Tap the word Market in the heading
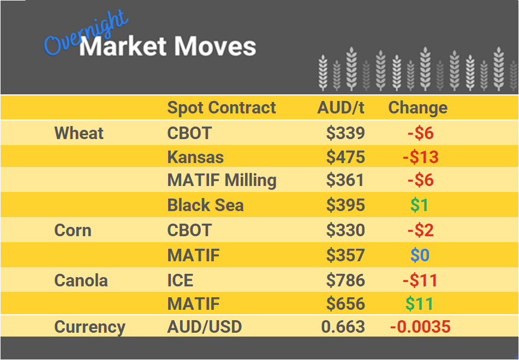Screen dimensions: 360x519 coord(121,47)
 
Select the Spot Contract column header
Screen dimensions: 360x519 coord(222,108)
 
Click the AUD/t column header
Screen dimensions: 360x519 coord(341,108)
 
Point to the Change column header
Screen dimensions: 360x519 coord(417,108)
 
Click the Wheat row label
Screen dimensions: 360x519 coord(79,133)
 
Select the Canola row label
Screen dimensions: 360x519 coord(81,281)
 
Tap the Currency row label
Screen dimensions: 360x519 coord(90,327)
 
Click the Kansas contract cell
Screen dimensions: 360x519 coord(195,158)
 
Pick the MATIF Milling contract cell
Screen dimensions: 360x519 coord(222,181)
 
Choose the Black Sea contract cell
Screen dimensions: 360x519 coord(205,206)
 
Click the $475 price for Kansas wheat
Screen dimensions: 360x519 coord(345,158)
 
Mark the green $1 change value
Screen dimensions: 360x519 coord(419,206)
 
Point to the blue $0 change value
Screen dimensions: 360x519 coord(420,255)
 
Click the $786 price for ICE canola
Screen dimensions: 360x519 coord(345,281)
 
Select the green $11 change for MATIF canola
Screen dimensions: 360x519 coord(419,304)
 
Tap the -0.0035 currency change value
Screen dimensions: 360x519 coord(420,327)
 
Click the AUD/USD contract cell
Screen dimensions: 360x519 coord(204,327)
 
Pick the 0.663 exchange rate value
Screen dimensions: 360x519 coord(343,327)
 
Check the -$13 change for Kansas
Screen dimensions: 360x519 coord(420,158)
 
